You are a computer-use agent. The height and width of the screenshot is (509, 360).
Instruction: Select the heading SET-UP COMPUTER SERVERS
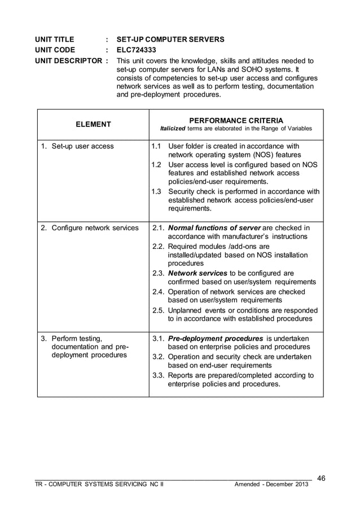pyautogui.click(x=170, y=40)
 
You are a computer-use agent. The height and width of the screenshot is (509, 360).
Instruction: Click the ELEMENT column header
pyautogui.click(x=93, y=124)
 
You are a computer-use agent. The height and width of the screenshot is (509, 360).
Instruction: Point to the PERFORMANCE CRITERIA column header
pyautogui.click(x=236, y=120)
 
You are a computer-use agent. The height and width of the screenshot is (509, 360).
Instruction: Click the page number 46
pyautogui.click(x=322, y=479)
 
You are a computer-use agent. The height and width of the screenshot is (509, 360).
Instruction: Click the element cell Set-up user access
pyautogui.click(x=77, y=147)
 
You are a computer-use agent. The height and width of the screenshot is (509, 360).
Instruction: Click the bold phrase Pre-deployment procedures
pyautogui.click(x=216, y=338)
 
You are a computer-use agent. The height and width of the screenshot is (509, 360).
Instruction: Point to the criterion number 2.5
pyautogui.click(x=158, y=310)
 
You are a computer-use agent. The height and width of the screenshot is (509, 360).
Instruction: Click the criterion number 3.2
pyautogui.click(x=158, y=357)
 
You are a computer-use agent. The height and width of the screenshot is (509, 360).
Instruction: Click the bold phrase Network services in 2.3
pyautogui.click(x=195, y=273)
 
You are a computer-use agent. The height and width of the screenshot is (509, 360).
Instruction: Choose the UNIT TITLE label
pyautogui.click(x=55, y=40)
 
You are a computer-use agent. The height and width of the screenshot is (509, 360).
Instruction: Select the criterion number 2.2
pyautogui.click(x=158, y=246)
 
